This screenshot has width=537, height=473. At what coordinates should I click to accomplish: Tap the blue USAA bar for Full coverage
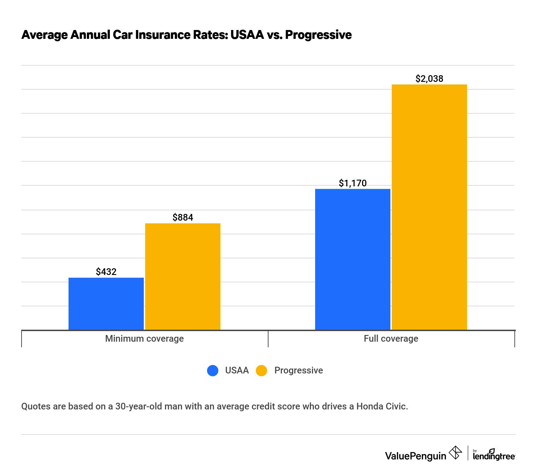click(353, 259)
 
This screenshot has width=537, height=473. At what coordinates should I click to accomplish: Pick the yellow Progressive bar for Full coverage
click(429, 207)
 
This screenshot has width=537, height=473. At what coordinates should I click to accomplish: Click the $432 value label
click(106, 272)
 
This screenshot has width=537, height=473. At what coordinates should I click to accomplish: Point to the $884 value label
click(183, 217)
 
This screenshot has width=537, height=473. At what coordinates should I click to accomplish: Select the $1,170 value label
click(353, 183)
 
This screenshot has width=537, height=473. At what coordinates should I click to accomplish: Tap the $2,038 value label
click(429, 79)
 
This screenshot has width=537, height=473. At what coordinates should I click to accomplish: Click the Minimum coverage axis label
click(144, 339)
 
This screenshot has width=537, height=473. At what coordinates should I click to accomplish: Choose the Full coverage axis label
click(391, 339)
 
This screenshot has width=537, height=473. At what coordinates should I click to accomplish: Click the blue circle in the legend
click(213, 370)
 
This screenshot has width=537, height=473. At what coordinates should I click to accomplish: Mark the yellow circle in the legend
click(261, 370)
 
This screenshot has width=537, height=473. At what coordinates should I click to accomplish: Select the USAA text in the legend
click(237, 370)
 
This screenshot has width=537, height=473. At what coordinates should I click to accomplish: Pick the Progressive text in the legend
click(299, 370)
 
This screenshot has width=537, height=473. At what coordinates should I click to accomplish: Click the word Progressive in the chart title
click(318, 35)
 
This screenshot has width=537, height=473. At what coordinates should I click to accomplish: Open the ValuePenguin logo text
click(415, 456)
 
